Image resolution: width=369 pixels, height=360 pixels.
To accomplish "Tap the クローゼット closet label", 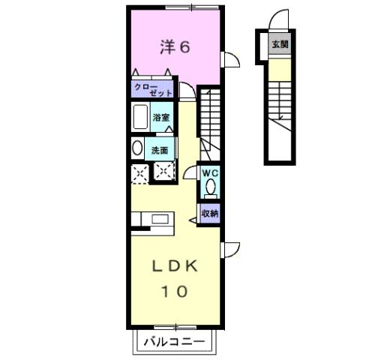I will point(154,90).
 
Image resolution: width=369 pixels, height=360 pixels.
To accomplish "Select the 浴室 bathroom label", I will point(161,118).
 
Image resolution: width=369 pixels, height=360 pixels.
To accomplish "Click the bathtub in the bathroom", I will point(139,118).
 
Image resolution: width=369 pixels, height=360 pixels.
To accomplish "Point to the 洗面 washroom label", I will point(160,150).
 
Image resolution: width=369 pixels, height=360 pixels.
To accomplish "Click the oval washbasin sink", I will point(136,148).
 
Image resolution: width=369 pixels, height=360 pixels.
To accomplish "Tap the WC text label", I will point(208,172).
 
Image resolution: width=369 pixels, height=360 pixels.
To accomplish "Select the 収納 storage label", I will point(209,214).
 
